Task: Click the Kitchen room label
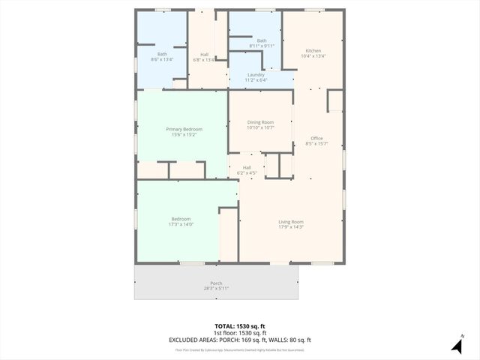pyautogui.click(x=313, y=50)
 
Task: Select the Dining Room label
pyautogui.click(x=260, y=122)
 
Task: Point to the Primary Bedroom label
pyautogui.click(x=184, y=129)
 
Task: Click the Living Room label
pyautogui.click(x=291, y=221)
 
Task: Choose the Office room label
pyautogui.click(x=316, y=138)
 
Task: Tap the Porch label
pyautogui.click(x=216, y=283)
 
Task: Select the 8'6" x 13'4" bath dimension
pyautogui.click(x=162, y=59)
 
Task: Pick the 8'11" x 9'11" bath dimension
pyautogui.click(x=262, y=46)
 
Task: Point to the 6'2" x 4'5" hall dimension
pyautogui.click(x=247, y=173)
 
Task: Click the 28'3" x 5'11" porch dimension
pyautogui.click(x=216, y=288)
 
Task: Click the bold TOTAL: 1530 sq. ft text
pyautogui.click(x=240, y=327)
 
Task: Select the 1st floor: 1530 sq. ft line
pyautogui.click(x=240, y=333)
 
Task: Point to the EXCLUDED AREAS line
pyautogui.click(x=240, y=340)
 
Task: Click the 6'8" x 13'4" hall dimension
pyautogui.click(x=204, y=59)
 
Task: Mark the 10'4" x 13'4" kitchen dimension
pyautogui.click(x=313, y=55)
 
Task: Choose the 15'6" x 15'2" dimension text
pyautogui.click(x=184, y=135)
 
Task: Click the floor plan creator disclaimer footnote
pyautogui.click(x=240, y=349)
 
